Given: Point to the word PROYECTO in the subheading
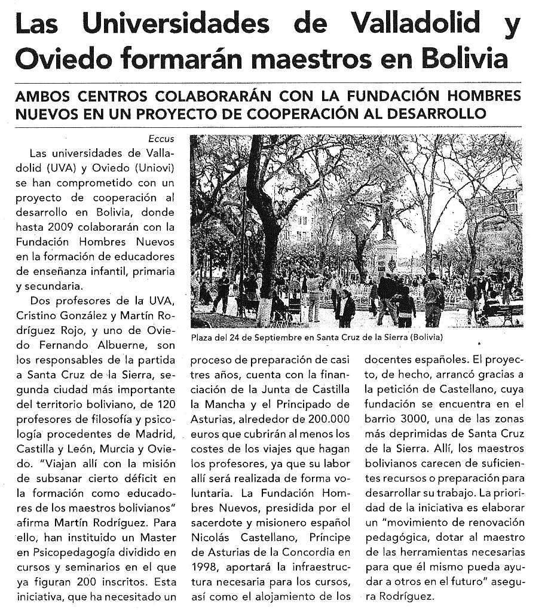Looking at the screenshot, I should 238,114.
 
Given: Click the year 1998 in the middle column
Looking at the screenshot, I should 204,566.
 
